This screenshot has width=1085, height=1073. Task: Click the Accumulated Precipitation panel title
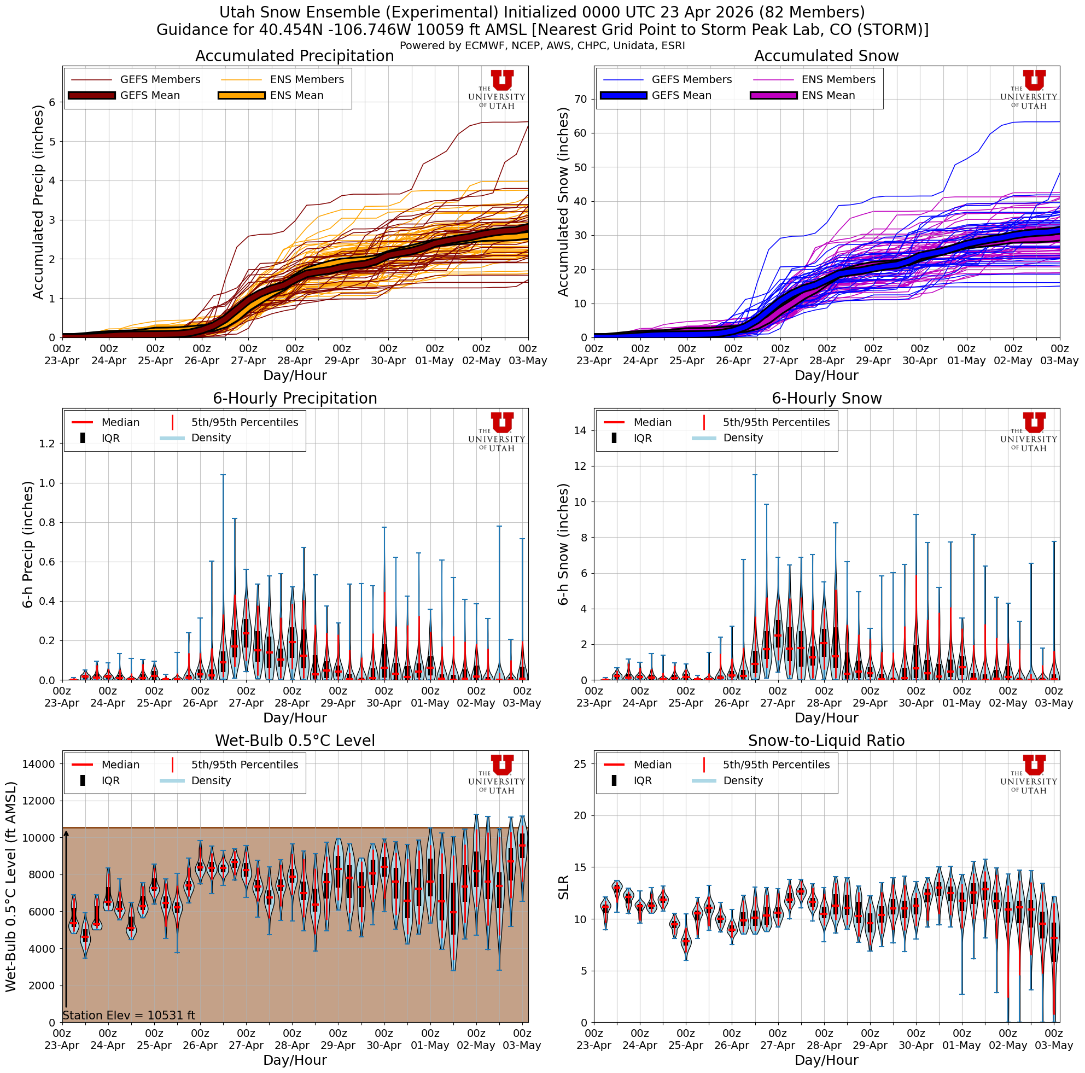[x=294, y=56]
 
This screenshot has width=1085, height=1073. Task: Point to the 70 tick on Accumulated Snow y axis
[x=580, y=100]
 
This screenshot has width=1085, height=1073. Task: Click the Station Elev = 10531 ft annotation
[x=129, y=1015]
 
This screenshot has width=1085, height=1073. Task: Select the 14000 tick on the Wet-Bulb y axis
[x=38, y=763]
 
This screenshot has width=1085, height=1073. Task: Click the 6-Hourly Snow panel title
[x=826, y=399]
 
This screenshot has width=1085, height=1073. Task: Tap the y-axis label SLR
[x=563, y=887]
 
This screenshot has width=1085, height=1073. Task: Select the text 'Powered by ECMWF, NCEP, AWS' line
[x=542, y=46]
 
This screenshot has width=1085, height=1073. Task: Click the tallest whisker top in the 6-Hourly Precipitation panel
[x=223, y=475]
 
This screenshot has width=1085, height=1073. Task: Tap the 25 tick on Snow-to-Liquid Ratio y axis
[x=580, y=763]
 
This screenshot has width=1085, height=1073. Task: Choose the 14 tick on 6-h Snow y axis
[x=580, y=430]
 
